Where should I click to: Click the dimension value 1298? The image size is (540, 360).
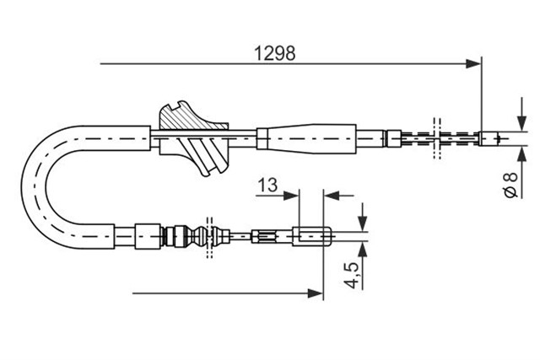[274, 53]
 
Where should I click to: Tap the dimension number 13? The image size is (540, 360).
[267, 185]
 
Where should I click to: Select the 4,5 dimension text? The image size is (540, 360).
[352, 275]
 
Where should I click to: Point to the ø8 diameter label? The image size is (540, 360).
[510, 185]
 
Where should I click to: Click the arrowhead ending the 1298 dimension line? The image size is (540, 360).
[473, 64]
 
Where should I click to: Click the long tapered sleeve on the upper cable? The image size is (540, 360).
[306, 139]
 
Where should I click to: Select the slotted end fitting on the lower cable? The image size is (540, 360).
[312, 236]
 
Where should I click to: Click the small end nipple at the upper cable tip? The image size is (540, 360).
[489, 138]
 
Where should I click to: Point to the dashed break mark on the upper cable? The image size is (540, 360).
[437, 138]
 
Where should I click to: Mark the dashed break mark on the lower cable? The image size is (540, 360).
[209, 237]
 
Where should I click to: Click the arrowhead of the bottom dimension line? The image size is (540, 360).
[316, 293]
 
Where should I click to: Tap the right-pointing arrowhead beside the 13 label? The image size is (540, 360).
[291, 196]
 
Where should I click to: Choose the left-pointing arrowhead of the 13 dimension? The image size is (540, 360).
[332, 196]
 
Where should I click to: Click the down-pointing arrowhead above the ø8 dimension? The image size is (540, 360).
[522, 124]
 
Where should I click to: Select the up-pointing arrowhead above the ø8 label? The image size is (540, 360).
[522, 153]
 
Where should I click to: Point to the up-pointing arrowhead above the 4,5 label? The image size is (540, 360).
[362, 250]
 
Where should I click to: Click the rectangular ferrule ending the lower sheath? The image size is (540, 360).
[148, 236]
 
